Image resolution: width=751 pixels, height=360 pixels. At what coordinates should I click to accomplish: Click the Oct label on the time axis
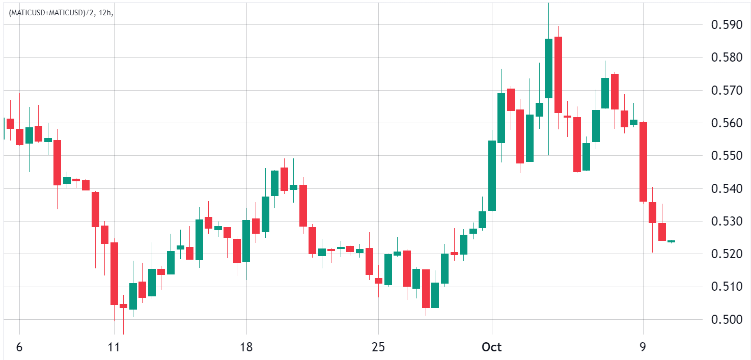(492, 347)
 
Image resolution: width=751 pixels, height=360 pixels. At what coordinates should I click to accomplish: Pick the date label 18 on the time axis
(246, 347)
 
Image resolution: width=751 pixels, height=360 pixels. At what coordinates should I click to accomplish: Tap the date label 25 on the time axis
(378, 347)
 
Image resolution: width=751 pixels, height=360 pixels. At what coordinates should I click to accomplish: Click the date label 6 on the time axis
(19, 347)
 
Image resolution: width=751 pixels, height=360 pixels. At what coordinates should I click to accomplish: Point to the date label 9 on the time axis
(643, 347)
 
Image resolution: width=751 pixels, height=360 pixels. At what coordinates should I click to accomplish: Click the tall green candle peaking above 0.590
(548, 68)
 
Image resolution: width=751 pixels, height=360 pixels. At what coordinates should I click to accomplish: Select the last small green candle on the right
(672, 241)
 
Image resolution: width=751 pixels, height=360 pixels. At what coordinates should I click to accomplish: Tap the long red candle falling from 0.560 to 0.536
(643, 162)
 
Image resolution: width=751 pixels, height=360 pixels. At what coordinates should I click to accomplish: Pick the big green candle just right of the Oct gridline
(492, 176)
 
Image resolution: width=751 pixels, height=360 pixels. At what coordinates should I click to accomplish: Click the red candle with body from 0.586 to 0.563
(558, 75)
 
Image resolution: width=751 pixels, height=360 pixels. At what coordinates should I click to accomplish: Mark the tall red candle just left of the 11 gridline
(114, 273)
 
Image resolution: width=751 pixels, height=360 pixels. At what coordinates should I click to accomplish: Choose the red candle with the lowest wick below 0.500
(123, 306)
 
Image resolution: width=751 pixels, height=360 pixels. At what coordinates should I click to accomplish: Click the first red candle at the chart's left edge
(10, 123)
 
